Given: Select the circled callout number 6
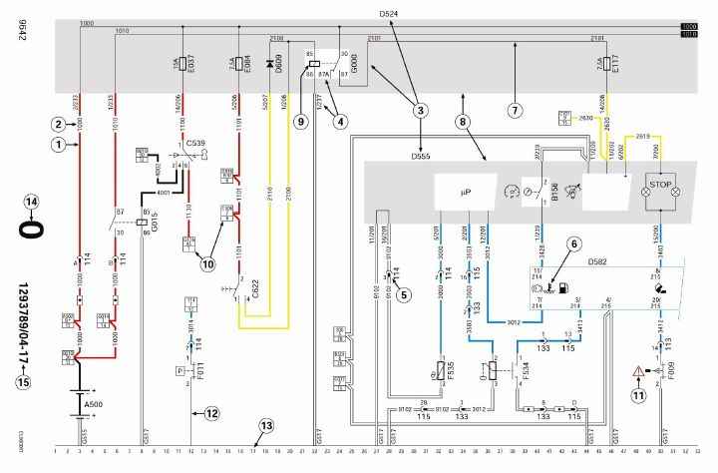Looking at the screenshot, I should click(574, 243).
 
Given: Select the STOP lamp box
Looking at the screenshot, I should click(658, 185).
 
